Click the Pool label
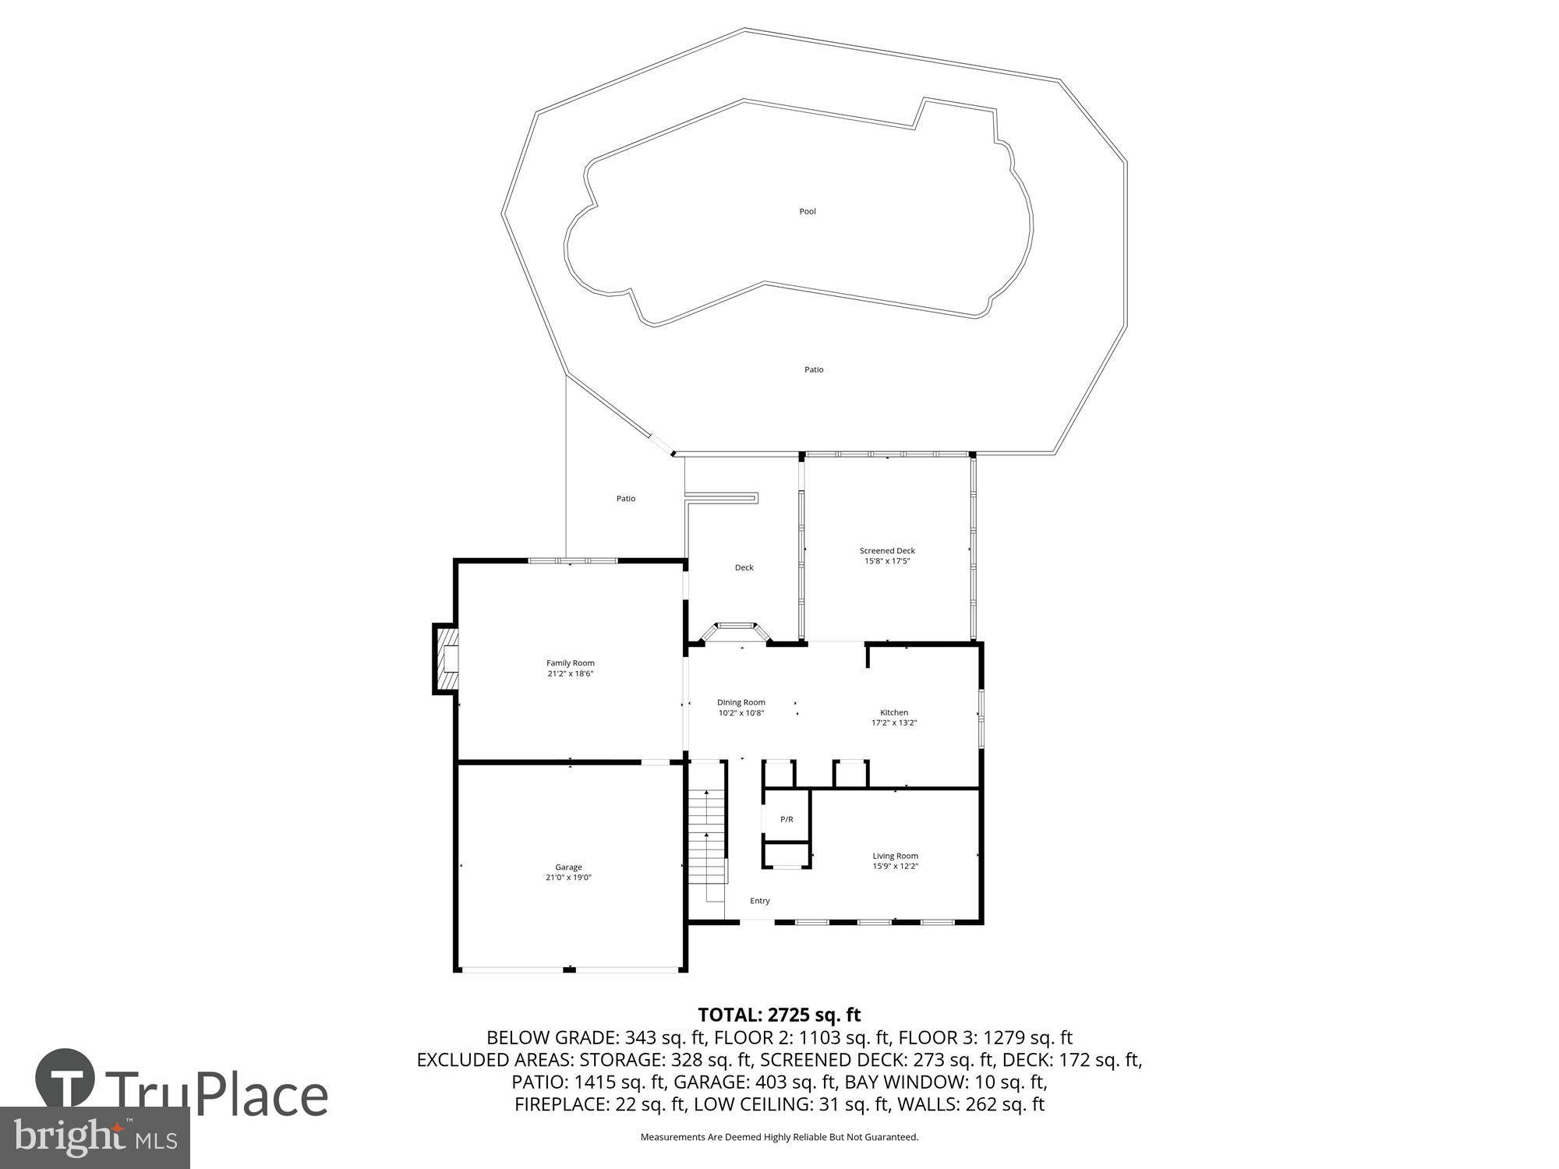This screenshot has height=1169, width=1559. coord(808,211)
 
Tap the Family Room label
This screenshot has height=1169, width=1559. coord(570,663)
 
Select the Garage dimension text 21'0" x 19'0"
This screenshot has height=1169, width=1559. coord(568,878)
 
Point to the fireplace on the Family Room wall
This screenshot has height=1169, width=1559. coord(446,659)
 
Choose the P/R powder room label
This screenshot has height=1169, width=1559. coord(787,819)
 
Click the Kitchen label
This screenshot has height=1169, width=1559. coord(894,712)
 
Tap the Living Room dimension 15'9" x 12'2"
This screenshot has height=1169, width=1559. coord(895,866)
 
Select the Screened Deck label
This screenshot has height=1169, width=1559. coord(887,550)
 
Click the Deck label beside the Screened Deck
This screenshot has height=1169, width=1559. coord(744,567)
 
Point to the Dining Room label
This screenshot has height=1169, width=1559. coord(741,702)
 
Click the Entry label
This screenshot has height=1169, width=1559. coord(759,901)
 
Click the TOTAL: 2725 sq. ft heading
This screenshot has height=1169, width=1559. coord(779,1015)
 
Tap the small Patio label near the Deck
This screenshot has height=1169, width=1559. coord(626,499)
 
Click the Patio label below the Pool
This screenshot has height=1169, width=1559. coord(814,369)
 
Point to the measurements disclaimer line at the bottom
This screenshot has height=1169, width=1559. coord(779,1137)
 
